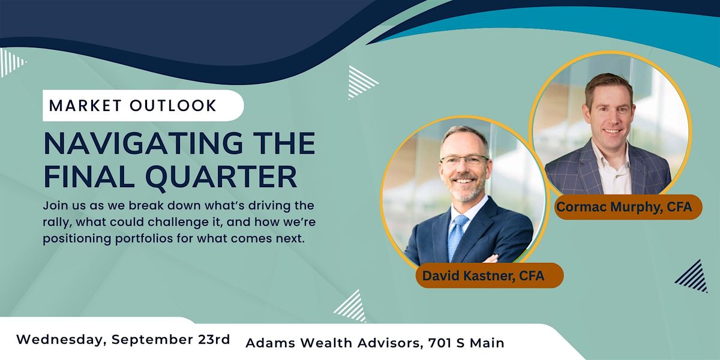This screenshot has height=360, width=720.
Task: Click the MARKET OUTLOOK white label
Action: [x=143, y=106]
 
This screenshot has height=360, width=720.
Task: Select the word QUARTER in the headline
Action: [x=221, y=177]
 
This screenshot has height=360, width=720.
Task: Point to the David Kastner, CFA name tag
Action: [x=489, y=275]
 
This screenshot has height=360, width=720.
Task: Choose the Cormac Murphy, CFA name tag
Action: [x=629, y=206]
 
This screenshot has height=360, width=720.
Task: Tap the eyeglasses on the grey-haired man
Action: [x=464, y=160]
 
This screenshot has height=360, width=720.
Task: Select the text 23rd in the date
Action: [x=214, y=340]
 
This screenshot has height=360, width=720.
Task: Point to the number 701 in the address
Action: [x=440, y=343]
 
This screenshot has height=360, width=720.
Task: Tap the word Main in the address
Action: [x=487, y=343]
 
